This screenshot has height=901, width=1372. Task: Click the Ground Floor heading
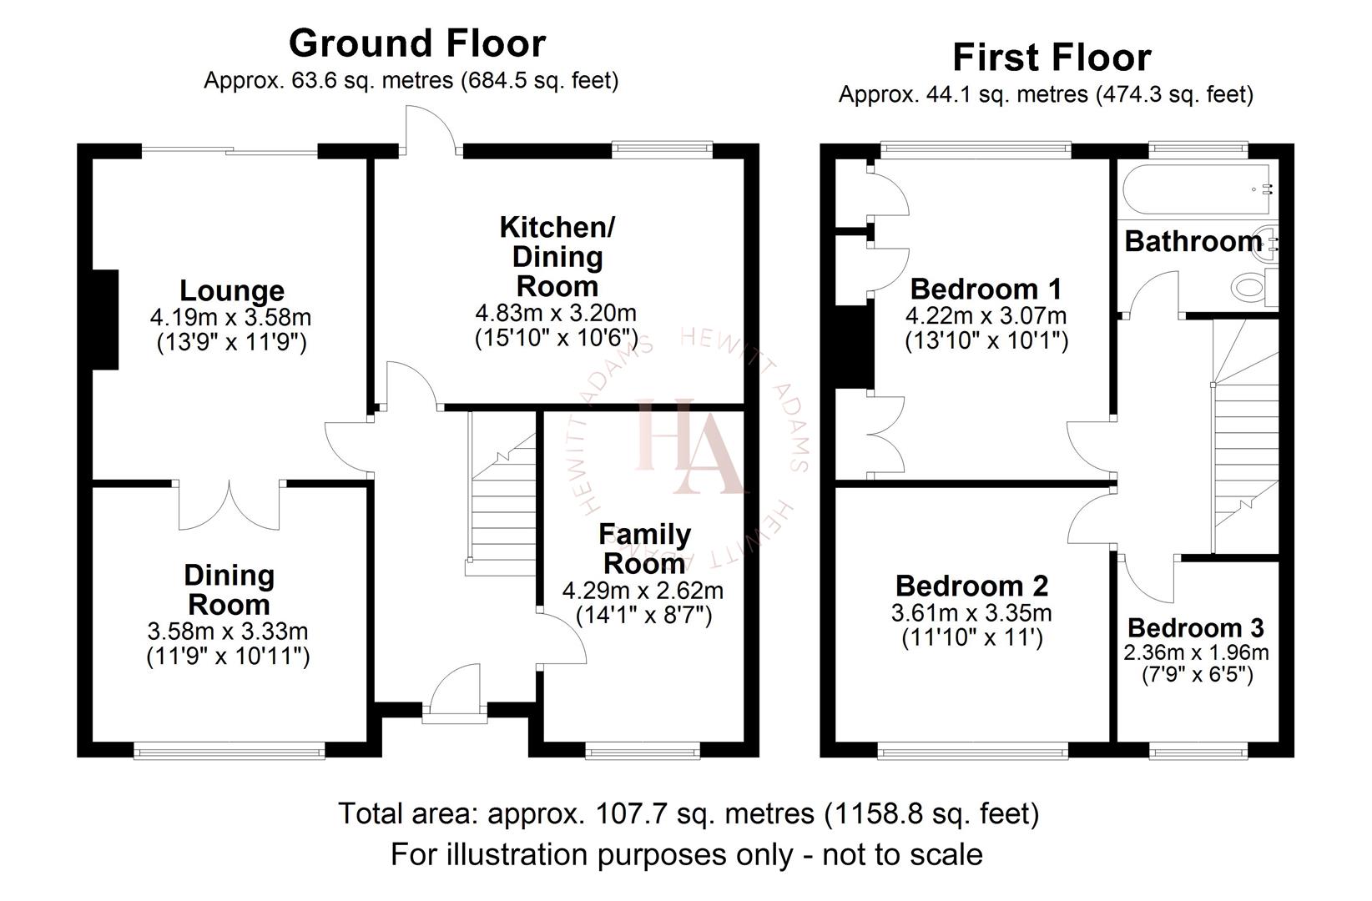pos(417,43)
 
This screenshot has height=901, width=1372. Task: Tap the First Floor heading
pos(1052,58)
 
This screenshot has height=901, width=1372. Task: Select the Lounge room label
pos(232,291)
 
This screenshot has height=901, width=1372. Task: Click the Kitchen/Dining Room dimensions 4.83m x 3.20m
pos(556,314)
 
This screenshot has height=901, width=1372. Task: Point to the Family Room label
pos(644,548)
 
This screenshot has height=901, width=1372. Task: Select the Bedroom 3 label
pos(1195,627)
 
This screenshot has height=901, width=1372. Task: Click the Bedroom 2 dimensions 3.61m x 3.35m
pos(971,613)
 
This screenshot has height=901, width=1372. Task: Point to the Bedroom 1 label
pos(986,289)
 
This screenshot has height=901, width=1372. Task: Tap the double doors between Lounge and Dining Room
pos(230,506)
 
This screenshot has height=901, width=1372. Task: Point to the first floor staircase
pos(1245,434)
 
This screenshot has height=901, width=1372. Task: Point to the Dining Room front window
pos(230,753)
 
